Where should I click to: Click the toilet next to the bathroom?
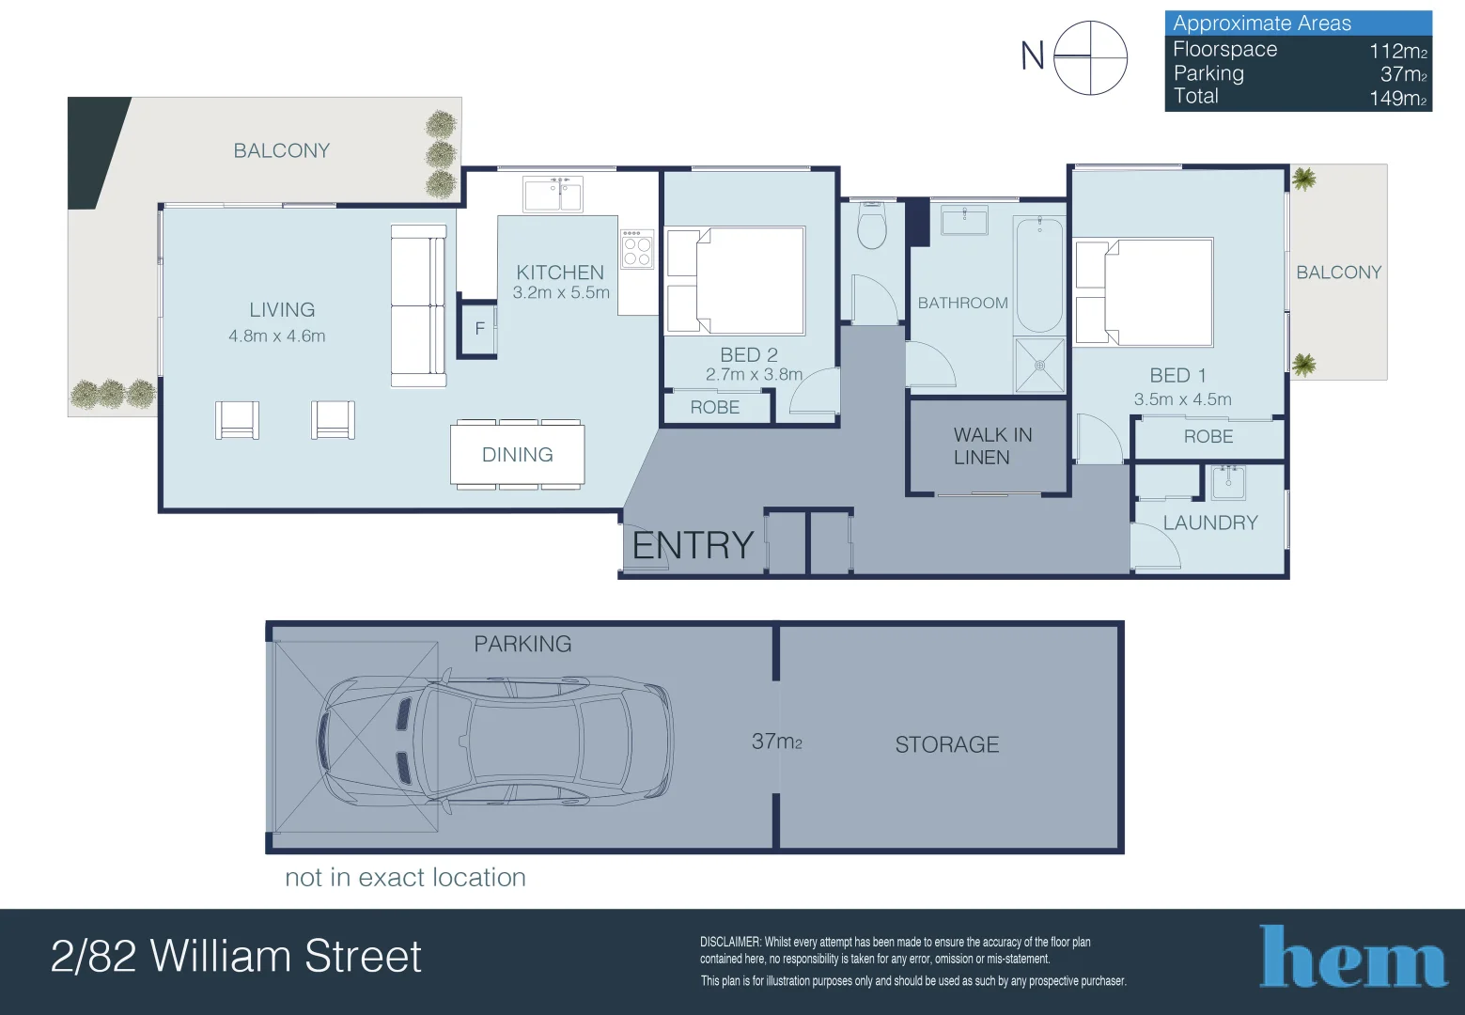click(x=872, y=226)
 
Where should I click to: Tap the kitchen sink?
click(x=553, y=195)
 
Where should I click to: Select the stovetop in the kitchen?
click(x=637, y=249)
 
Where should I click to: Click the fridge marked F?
click(x=479, y=329)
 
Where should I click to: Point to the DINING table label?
click(x=517, y=455)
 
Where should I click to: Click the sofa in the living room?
click(x=418, y=305)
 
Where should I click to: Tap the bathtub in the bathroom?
click(x=1039, y=274)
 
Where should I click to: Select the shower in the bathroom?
click(x=1039, y=365)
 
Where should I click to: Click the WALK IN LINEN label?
click(x=992, y=446)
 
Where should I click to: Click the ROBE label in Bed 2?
click(x=715, y=408)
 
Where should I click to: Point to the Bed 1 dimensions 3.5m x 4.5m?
click(x=1182, y=399)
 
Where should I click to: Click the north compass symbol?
click(x=1090, y=57)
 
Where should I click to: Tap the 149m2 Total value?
click(x=1397, y=99)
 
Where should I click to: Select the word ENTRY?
click(x=694, y=545)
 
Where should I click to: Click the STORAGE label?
click(x=946, y=745)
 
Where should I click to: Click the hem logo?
click(x=1352, y=959)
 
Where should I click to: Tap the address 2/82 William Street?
click(x=236, y=957)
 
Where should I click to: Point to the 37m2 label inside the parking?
click(x=776, y=742)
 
